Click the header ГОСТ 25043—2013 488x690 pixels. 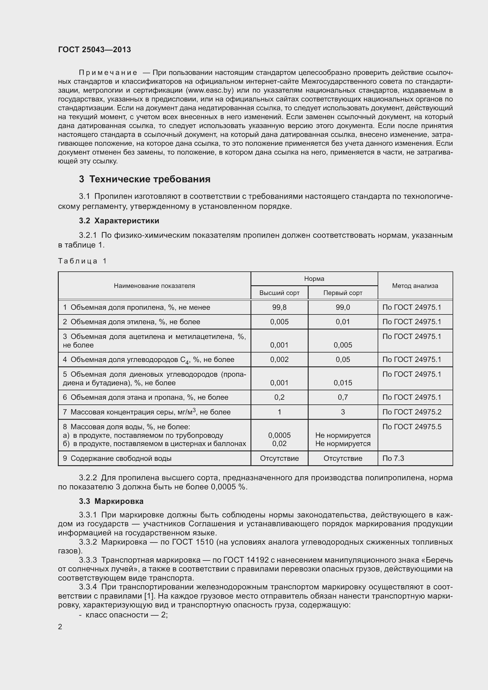[x=94, y=50]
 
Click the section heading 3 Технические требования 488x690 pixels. [x=145, y=179]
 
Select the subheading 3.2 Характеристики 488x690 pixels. [x=119, y=221]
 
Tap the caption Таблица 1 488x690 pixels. [x=82, y=261]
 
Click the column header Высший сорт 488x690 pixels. [x=279, y=293]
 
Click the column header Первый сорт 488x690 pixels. [x=343, y=293]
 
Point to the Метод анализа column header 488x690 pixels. [x=415, y=286]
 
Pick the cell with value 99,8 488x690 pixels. [x=279, y=307]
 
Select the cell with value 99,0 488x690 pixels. [x=343, y=307]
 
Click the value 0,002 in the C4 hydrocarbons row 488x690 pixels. [x=279, y=359]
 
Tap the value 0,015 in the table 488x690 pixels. [x=343, y=383]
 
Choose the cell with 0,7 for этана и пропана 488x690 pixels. [x=343, y=397]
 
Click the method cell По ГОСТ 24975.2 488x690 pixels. [x=412, y=412]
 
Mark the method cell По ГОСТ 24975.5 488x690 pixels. [x=412, y=427]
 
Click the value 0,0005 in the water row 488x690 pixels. [x=279, y=435]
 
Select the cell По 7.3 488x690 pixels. [x=393, y=458]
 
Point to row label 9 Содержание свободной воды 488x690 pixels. [x=117, y=458]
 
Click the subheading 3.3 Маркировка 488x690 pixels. [x=111, y=501]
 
